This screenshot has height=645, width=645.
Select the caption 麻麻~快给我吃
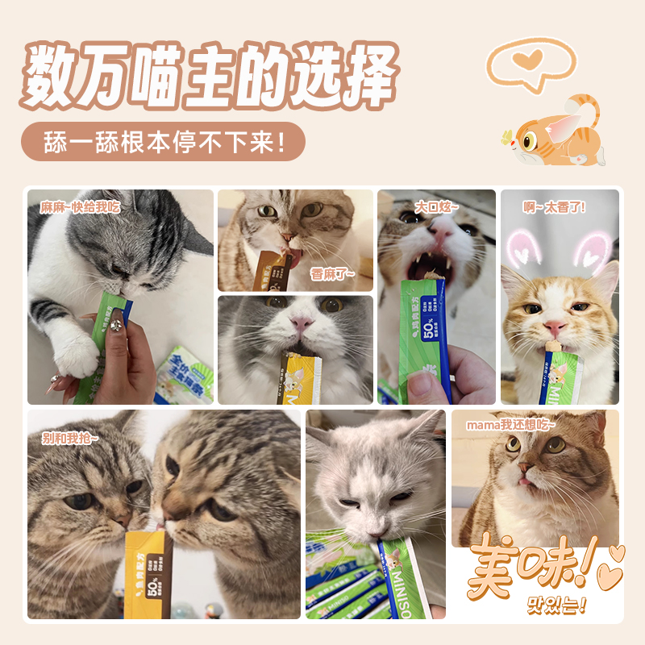pyautogui.click(x=80, y=206)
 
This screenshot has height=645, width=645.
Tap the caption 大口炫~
pyautogui.click(x=436, y=207)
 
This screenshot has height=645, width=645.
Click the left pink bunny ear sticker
pyautogui.click(x=523, y=246)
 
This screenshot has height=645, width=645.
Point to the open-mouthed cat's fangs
pyautogui.click(x=435, y=259)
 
